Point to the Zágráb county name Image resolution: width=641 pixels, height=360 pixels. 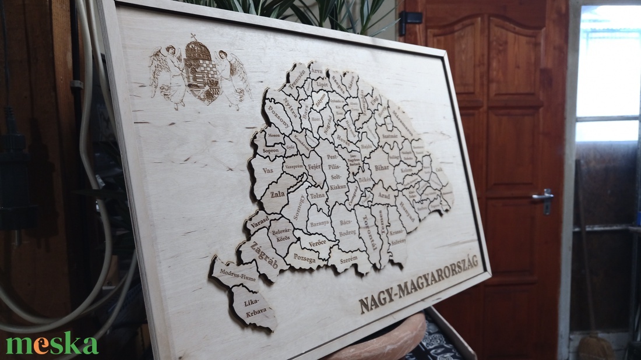coord(264,257)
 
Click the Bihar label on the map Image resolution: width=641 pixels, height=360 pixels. coord(382,168)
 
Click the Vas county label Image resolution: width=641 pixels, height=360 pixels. coord(268,171)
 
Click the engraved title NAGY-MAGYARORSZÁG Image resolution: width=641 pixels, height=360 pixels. coord(418,284)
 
